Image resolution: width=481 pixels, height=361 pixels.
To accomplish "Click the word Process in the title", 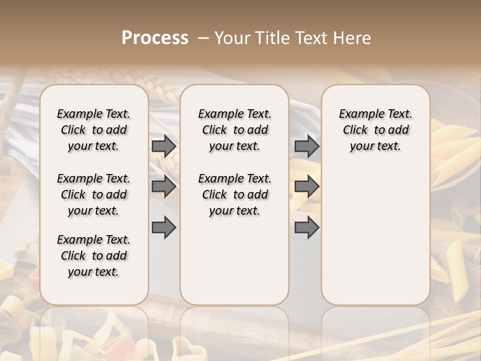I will [x=155, y=38].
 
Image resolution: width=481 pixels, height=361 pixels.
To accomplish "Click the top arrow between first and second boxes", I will [x=164, y=146].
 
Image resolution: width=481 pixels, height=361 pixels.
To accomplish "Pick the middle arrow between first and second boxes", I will [x=164, y=187].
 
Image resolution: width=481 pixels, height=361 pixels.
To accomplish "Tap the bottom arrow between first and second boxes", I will [x=164, y=228].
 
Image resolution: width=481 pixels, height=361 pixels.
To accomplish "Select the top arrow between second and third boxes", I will [x=307, y=146].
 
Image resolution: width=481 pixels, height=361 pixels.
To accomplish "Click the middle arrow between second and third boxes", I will [x=307, y=187].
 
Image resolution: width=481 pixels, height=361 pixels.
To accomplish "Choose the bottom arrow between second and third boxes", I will [x=307, y=228].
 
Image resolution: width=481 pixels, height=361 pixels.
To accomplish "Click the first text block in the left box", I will [x=94, y=130].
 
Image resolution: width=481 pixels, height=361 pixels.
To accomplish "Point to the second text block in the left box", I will [x=94, y=195].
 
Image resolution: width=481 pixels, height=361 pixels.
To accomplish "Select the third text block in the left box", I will [x=94, y=256].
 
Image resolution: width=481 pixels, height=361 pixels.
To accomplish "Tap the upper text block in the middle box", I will [x=234, y=130].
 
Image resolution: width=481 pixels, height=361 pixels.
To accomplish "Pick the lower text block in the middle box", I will [x=234, y=195].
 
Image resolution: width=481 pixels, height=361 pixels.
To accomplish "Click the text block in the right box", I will [x=376, y=130].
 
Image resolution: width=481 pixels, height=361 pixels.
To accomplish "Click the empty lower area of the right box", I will [x=376, y=236].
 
